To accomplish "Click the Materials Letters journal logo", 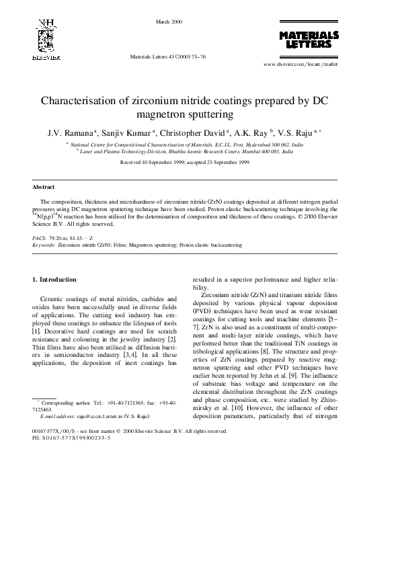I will pyautogui.click(x=309, y=40).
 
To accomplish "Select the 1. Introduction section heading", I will pyautogui.click(x=56, y=279).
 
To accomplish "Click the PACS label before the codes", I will pyautogui.click(x=39, y=239).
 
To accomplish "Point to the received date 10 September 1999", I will pyautogui.click(x=156, y=163).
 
